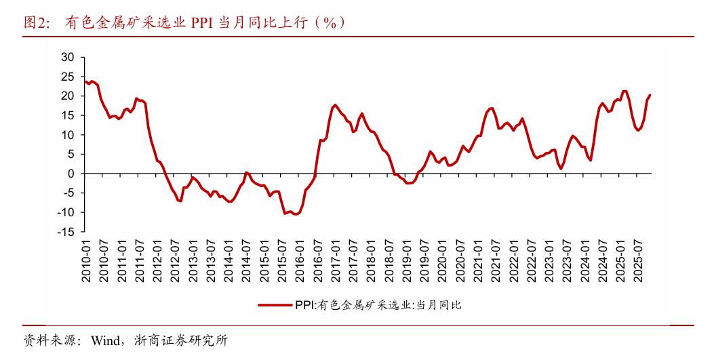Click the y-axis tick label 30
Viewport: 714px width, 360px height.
click(67, 57)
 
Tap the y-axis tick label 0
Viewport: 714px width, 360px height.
click(71, 174)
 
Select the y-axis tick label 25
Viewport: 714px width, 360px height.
click(67, 77)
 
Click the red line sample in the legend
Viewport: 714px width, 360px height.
click(274, 305)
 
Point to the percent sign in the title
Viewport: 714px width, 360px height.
click(330, 22)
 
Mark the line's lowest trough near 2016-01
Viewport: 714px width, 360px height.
click(296, 214)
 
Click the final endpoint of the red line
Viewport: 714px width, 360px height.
click(650, 95)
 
